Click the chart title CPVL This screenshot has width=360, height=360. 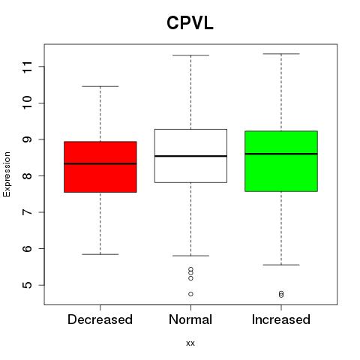pyautogui.click(x=190, y=23)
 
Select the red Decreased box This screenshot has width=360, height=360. pyautogui.click(x=100, y=166)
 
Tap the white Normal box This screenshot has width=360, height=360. pyautogui.click(x=190, y=156)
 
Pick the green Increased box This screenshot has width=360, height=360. pyautogui.click(x=281, y=161)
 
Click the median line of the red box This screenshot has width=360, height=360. pyautogui.click(x=100, y=163)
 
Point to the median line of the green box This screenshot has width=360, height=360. pyautogui.click(x=281, y=154)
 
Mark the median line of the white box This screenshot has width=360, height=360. pyautogui.click(x=190, y=156)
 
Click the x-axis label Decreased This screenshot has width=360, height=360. pyautogui.click(x=100, y=319)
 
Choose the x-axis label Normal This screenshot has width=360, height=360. pyautogui.click(x=190, y=319)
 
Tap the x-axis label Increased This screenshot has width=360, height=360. pyautogui.click(x=281, y=319)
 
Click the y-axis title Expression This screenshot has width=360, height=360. pyautogui.click(x=7, y=174)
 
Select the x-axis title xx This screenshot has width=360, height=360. pyautogui.click(x=190, y=343)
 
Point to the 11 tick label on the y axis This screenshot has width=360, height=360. pyautogui.click(x=28, y=67)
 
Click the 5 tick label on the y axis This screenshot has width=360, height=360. pyautogui.click(x=28, y=285)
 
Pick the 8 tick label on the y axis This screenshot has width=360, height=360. pyautogui.click(x=28, y=175)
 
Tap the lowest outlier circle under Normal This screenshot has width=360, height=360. pyautogui.click(x=190, y=294)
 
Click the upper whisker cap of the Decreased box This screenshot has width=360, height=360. pyautogui.click(x=100, y=86)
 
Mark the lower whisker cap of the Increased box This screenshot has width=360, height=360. pyautogui.click(x=281, y=265)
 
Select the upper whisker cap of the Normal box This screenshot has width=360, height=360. pyautogui.click(x=190, y=55)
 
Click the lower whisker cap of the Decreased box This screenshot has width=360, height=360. pyautogui.click(x=100, y=254)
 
